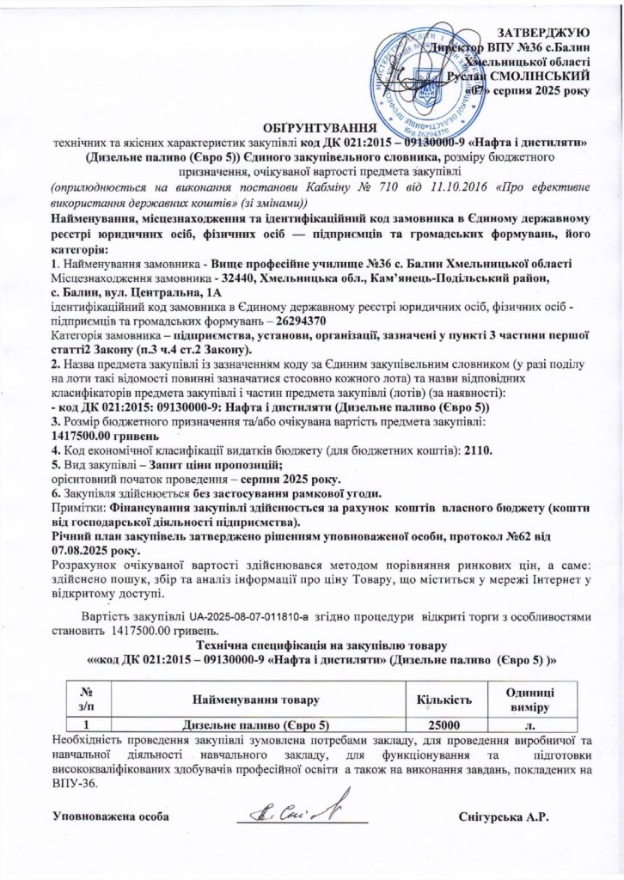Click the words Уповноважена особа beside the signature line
tap(108, 815)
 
